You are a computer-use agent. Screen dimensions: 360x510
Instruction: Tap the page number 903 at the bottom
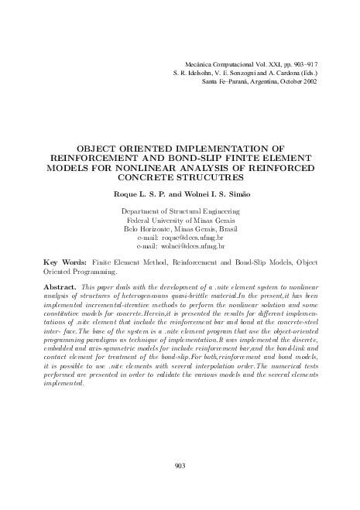(180, 464)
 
